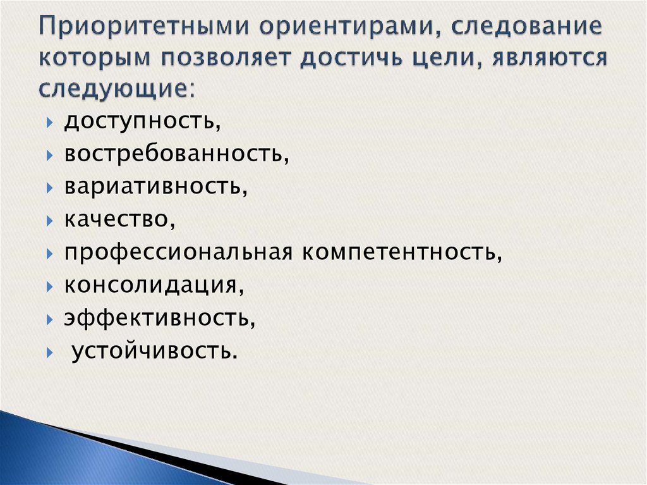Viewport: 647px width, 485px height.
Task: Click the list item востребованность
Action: pos(176,154)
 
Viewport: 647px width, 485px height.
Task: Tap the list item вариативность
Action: pos(155,187)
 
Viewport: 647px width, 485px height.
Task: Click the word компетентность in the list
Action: pos(402,252)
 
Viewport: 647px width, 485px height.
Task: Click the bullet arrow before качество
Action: pos(51,221)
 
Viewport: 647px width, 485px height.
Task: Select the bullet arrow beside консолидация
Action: pos(51,286)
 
